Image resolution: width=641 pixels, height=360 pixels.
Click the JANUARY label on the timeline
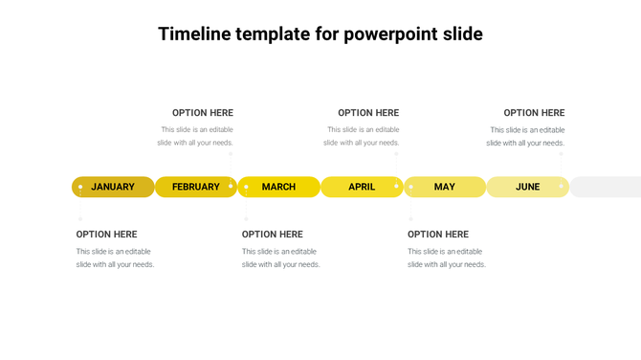pyautogui.click(x=113, y=187)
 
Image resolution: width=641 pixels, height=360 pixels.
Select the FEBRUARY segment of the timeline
pyautogui.click(x=196, y=187)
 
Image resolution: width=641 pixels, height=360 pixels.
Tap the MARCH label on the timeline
pyautogui.click(x=278, y=187)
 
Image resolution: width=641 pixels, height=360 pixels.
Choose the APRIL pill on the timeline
pyautogui.click(x=362, y=187)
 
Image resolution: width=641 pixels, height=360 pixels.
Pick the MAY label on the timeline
pyautogui.click(x=445, y=187)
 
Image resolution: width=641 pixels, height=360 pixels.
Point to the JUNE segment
pyautogui.click(x=527, y=187)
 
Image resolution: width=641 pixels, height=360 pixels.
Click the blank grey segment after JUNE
pyautogui.click(x=606, y=187)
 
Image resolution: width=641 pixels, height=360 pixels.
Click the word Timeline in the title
pyautogui.click(x=195, y=34)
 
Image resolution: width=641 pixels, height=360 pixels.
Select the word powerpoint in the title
pyautogui.click(x=390, y=34)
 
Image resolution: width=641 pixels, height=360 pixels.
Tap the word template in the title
pyautogui.click(x=273, y=34)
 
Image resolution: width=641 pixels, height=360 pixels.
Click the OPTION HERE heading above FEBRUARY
pyautogui.click(x=203, y=113)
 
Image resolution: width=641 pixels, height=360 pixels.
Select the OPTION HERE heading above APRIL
pyautogui.click(x=368, y=113)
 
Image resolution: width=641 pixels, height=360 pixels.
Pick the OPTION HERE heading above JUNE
pyautogui.click(x=534, y=113)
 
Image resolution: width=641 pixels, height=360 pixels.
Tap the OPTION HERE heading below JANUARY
pyautogui.click(x=107, y=235)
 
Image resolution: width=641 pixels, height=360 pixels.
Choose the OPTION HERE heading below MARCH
pyautogui.click(x=273, y=235)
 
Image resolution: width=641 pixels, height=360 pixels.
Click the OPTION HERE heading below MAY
pyautogui.click(x=438, y=235)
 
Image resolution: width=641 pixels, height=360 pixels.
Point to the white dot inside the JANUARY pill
pyautogui.click(x=80, y=187)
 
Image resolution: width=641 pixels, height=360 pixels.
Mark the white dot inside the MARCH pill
pyautogui.click(x=246, y=187)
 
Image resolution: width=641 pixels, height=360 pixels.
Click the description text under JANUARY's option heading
pyautogui.click(x=115, y=258)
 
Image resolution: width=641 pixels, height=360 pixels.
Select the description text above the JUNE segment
pyautogui.click(x=526, y=136)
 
